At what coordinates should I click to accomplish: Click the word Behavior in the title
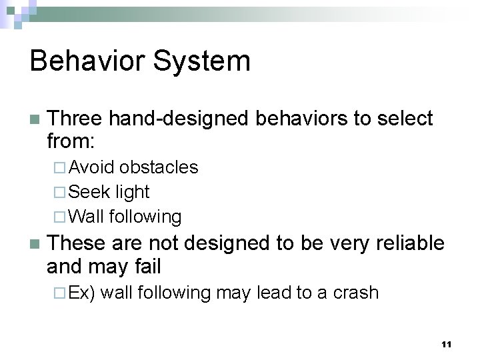(89, 61)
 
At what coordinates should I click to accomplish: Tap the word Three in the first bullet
(75, 119)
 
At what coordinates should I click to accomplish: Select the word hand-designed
(179, 119)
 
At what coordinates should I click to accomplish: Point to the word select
(405, 119)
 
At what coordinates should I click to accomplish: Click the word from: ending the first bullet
(71, 141)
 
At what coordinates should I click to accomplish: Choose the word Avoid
(91, 167)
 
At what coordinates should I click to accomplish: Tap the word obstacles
(159, 167)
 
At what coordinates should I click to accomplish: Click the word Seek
(89, 192)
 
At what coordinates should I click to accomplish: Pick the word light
(132, 192)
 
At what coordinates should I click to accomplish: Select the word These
(75, 243)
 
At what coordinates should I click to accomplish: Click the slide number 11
(446, 344)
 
